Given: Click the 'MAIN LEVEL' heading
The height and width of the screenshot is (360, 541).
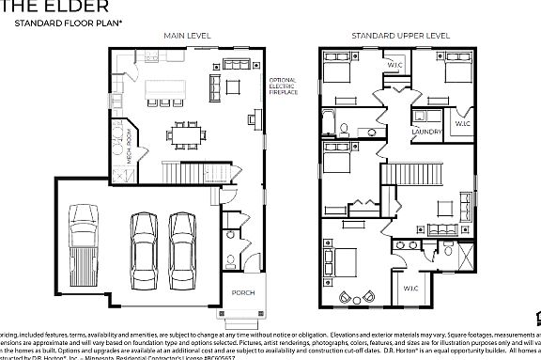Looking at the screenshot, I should [187, 35].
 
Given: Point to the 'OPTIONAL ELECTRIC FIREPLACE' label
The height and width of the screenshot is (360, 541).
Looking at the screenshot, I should [283, 87].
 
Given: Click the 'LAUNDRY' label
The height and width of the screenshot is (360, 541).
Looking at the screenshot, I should [427, 132].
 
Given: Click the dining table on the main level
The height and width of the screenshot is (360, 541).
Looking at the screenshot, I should [185, 133].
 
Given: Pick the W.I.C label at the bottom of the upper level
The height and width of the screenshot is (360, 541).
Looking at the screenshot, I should [411, 287].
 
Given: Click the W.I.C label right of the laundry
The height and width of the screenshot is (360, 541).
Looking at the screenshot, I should [463, 123].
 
